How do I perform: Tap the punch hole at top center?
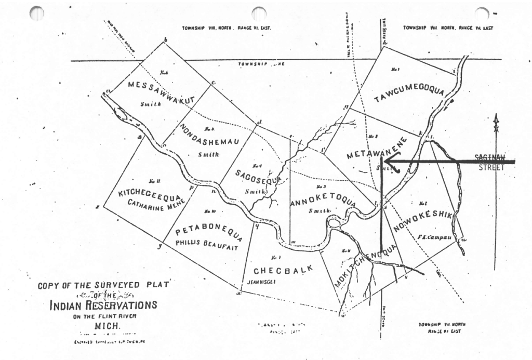tap(258, 13)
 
